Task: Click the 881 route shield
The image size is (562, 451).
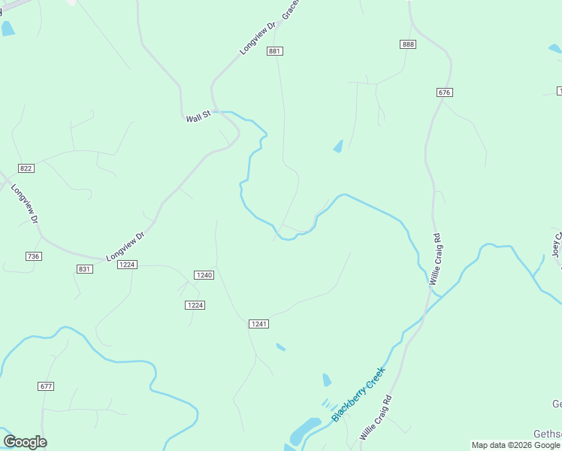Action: pyautogui.click(x=274, y=51)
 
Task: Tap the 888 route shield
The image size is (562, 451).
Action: pyautogui.click(x=408, y=44)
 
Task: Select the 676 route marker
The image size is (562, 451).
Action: pyautogui.click(x=444, y=92)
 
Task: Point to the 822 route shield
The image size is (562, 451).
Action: pyautogui.click(x=27, y=168)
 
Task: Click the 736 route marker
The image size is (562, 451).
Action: pyautogui.click(x=33, y=256)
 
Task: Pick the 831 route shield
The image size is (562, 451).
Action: pyautogui.click(x=85, y=269)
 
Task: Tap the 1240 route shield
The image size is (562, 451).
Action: pyautogui.click(x=204, y=275)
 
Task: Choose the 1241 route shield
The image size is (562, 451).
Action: pyautogui.click(x=258, y=323)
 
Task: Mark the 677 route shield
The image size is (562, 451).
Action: pyautogui.click(x=46, y=386)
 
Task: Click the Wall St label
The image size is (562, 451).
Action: pyautogui.click(x=198, y=117)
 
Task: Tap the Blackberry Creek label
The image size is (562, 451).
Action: pyautogui.click(x=358, y=394)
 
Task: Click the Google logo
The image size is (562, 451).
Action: pyautogui.click(x=25, y=442)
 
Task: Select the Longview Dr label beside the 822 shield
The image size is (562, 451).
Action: pyautogui.click(x=24, y=203)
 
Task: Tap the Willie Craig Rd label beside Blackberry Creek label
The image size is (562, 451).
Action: pyautogui.click(x=376, y=418)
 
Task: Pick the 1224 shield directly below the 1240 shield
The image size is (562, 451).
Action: pyautogui.click(x=195, y=304)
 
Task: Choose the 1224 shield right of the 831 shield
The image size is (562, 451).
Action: pyautogui.click(x=127, y=265)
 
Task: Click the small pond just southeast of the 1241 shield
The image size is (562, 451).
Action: pyautogui.click(x=280, y=347)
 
